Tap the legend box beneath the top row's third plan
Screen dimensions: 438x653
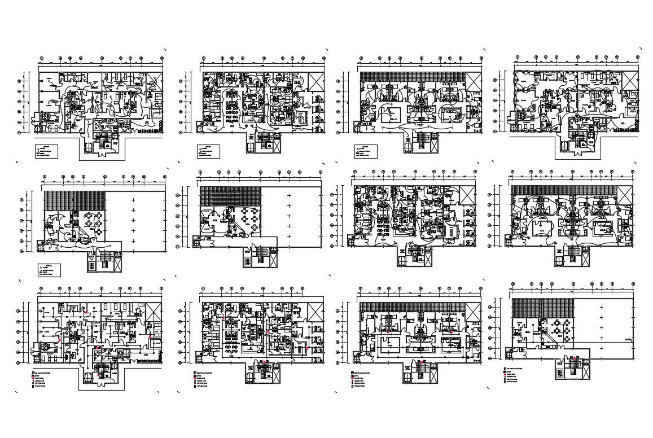pos(365,151)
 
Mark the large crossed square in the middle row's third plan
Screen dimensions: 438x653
pos(466,195)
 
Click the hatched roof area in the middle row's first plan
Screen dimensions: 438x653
pos(75,200)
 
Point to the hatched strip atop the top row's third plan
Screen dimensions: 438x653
pos(411,76)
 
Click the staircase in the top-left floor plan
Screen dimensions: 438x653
pos(102,144)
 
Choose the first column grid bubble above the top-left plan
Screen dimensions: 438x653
pos(43,58)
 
